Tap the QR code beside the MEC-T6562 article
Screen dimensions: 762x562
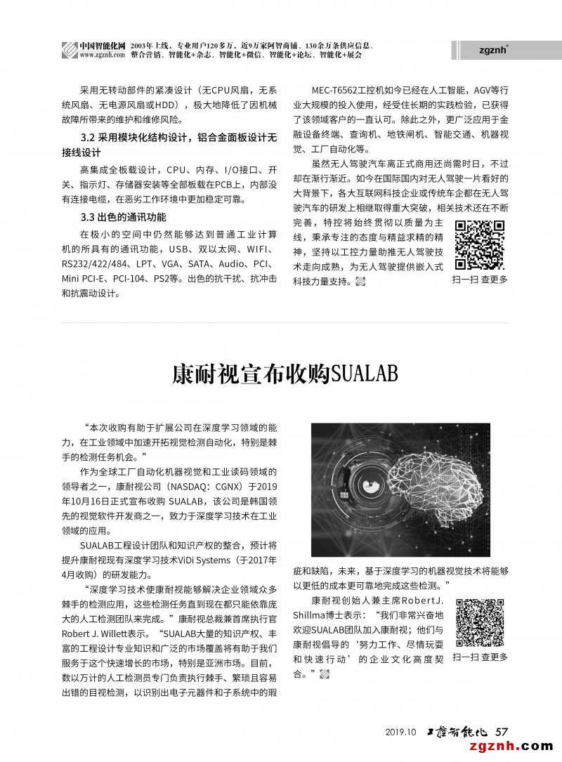click(x=480, y=245)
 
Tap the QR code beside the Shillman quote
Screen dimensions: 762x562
click(x=480, y=623)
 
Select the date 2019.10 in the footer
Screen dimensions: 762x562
click(x=402, y=732)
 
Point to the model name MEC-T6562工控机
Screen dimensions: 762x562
click(x=351, y=90)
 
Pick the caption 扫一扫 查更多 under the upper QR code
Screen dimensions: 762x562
click(x=480, y=280)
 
